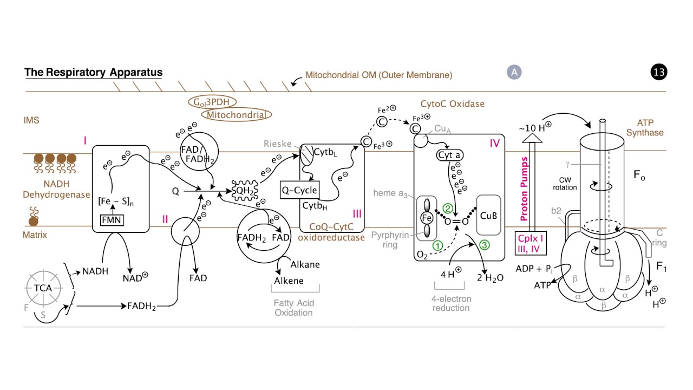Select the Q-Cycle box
click(299, 190)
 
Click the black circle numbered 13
click(659, 72)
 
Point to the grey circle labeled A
click(514, 72)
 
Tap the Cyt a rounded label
click(449, 155)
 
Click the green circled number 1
click(437, 244)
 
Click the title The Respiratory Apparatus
click(93, 72)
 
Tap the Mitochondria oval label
click(236, 114)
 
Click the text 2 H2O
click(490, 278)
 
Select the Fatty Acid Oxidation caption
click(293, 308)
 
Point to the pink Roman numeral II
click(165, 219)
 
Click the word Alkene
click(289, 281)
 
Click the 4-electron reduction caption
click(451, 303)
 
